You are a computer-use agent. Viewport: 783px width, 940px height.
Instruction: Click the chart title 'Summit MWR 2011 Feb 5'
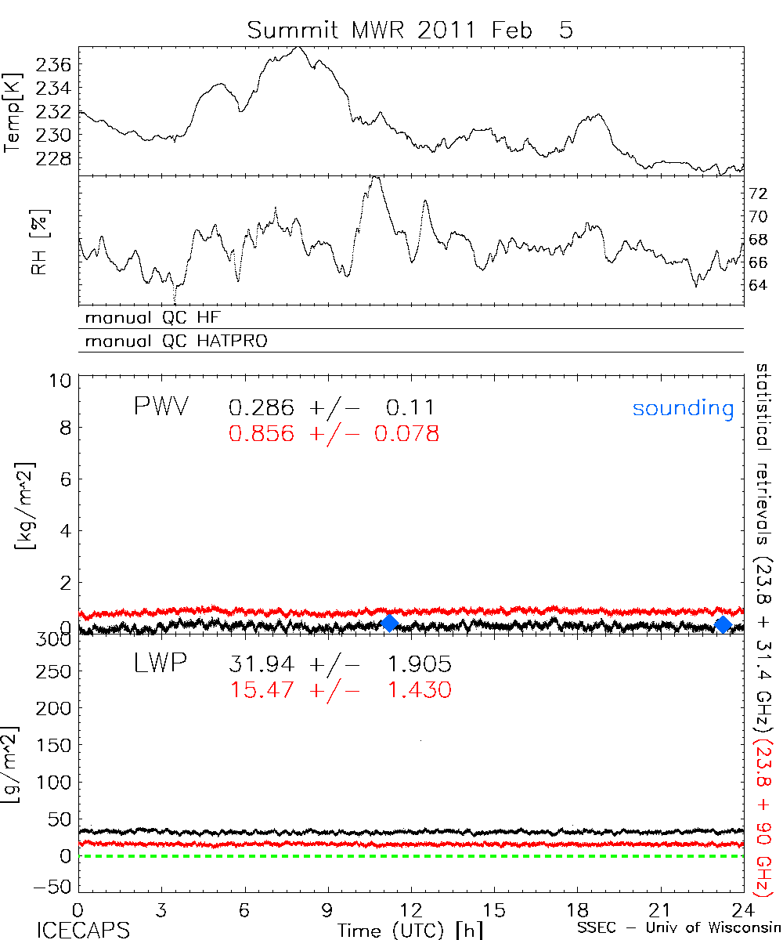[410, 31]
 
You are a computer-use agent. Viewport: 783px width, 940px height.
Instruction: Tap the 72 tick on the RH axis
[758, 193]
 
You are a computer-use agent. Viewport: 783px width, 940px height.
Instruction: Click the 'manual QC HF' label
[159, 318]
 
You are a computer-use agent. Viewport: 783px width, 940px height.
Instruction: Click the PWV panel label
[161, 407]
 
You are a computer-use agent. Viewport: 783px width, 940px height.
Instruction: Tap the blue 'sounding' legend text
[683, 408]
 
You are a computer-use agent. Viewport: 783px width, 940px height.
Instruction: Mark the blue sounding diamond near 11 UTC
[389, 623]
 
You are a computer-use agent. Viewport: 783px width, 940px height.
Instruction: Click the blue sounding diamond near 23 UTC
[723, 624]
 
